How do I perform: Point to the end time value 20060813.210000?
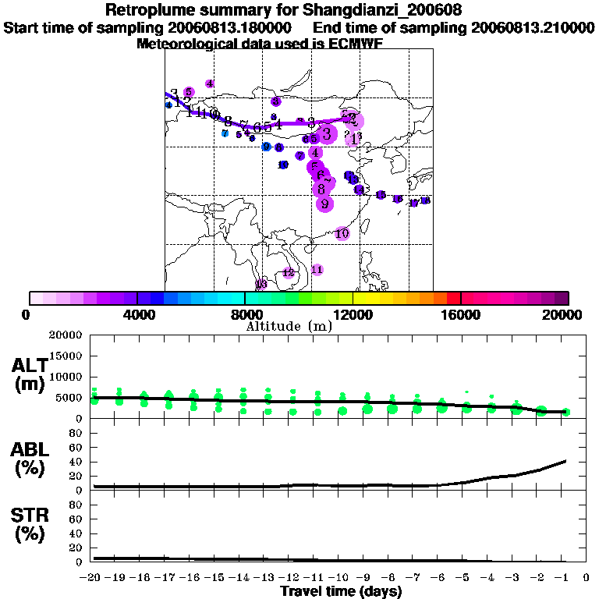533,27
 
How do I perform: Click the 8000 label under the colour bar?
245,315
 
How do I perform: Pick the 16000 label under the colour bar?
462,315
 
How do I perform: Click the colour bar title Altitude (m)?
289,326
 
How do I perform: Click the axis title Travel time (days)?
341,591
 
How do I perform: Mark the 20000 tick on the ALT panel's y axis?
66,335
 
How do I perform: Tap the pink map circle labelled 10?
342,233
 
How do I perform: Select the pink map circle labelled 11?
317,270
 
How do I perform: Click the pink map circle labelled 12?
289,272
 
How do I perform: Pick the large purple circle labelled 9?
324,204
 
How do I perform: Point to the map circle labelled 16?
398,200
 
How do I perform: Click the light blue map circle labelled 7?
225,133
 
